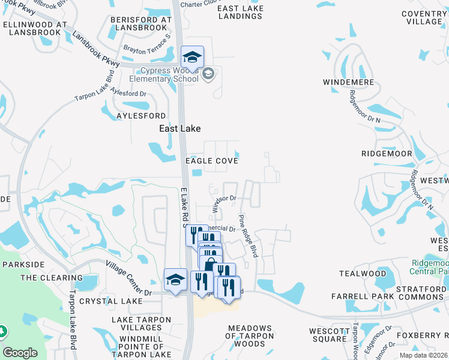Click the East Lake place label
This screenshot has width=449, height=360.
coord(179,128)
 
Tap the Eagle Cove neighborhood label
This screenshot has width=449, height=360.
coord(212,161)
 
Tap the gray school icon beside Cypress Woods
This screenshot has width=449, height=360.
coord(208,74)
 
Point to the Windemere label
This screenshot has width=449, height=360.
coord(348,82)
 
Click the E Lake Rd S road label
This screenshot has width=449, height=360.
coord(185,207)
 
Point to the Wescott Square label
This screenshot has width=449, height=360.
coord(330,335)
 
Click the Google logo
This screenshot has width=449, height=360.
coord(20,353)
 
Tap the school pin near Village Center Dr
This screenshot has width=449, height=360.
coord(175,280)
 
